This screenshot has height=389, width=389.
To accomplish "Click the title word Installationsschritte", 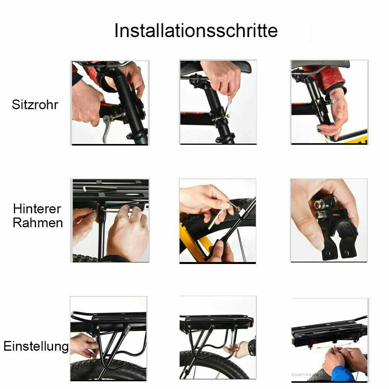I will click(196, 31).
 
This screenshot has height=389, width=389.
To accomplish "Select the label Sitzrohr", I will click(35, 105).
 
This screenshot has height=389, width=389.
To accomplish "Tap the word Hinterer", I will click(37, 209).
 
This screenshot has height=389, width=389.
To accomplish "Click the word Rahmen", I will click(38, 223).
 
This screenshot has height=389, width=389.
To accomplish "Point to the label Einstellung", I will click(36, 346).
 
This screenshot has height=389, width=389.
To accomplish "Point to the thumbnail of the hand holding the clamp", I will click(329, 220).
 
